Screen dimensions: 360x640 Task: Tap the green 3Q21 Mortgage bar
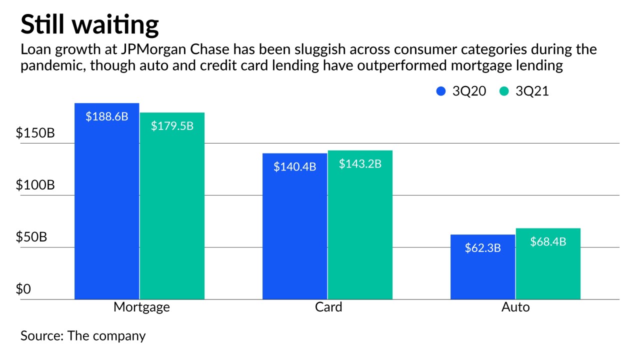[172, 210]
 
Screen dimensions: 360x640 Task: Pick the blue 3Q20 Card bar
[295, 230]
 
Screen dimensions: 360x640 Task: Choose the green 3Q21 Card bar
[360, 230]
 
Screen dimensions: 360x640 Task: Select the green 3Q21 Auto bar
[548, 270]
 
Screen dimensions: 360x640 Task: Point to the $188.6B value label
[107, 117]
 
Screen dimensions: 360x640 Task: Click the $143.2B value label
[360, 163]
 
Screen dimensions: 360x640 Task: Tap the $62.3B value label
[482, 247]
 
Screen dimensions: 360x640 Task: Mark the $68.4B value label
[548, 242]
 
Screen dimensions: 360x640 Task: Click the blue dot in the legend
[441, 91]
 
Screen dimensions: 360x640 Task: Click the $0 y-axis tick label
[23, 289]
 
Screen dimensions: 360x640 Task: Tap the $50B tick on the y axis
[31, 237]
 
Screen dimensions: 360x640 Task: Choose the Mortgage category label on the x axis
[141, 307]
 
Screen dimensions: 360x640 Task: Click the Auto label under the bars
[515, 307]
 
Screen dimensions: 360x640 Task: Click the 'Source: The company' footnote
[83, 335]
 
